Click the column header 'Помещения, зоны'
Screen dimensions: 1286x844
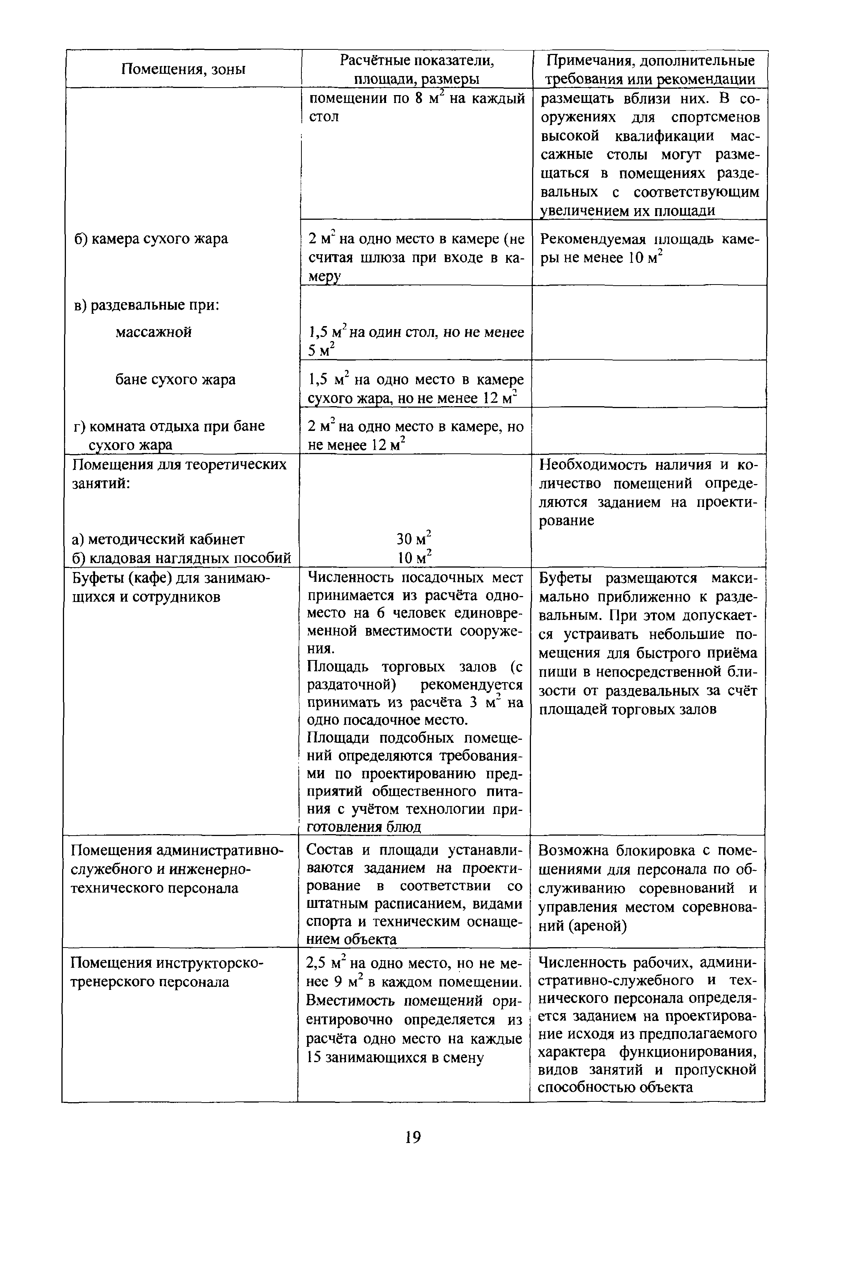click(x=183, y=69)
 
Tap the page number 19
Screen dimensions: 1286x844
click(x=412, y=1137)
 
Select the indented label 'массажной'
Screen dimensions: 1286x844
click(x=154, y=332)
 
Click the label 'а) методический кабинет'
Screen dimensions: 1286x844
click(x=158, y=539)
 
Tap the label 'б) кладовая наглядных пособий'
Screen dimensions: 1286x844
click(x=182, y=557)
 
